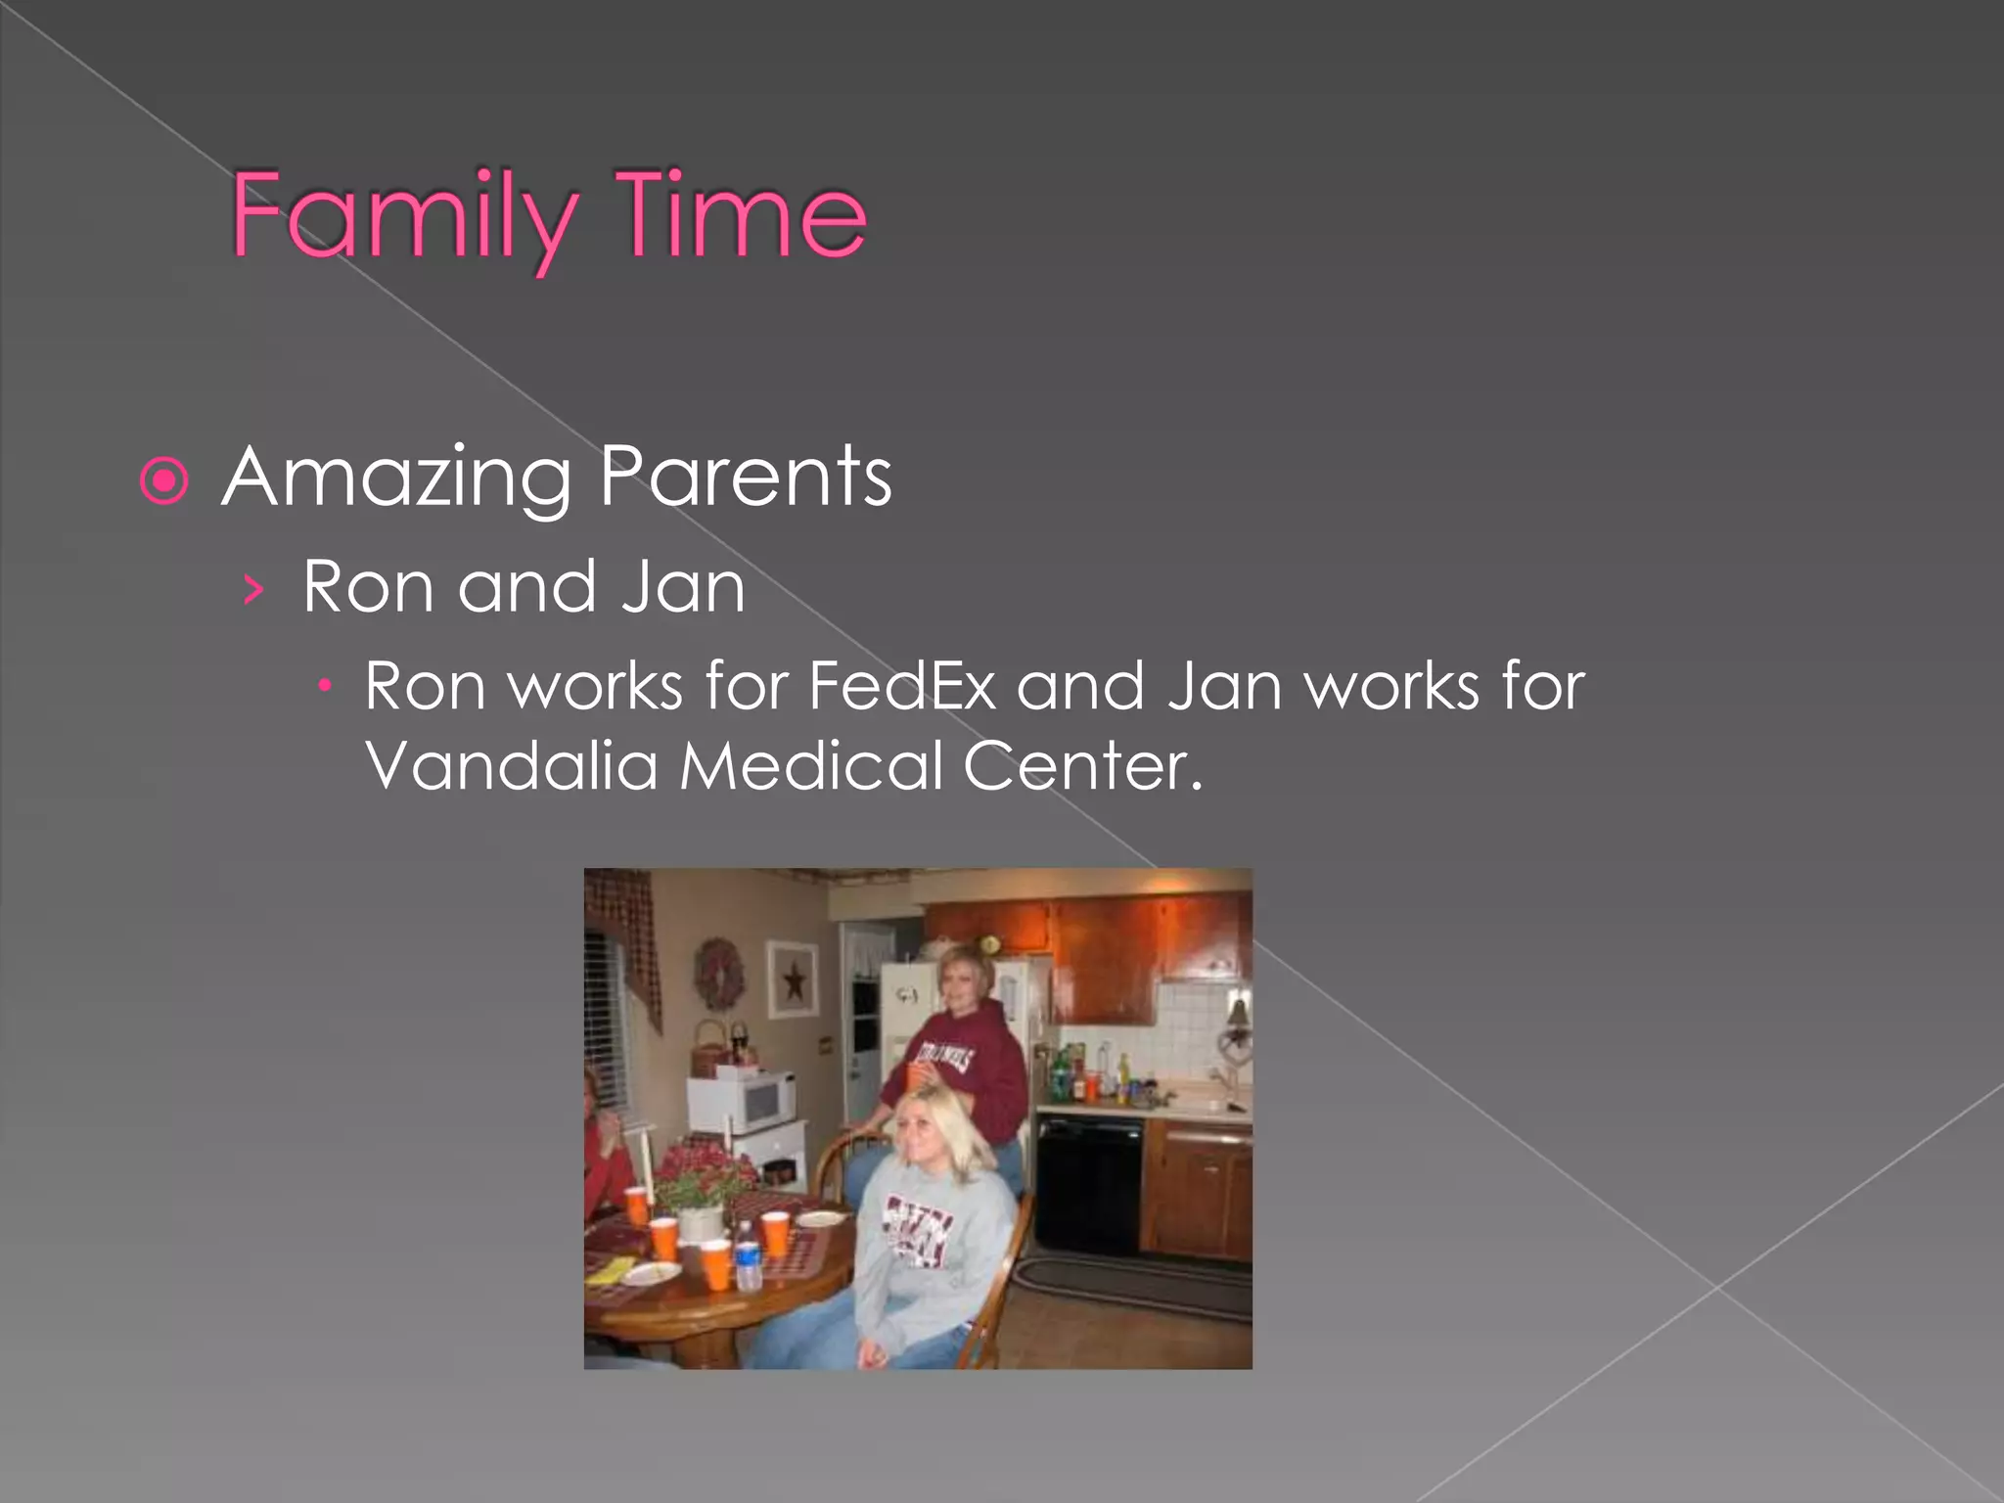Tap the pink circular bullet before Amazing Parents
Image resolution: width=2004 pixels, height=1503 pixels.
[163, 480]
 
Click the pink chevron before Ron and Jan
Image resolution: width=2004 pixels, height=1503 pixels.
[253, 590]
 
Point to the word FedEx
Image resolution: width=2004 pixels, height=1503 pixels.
[902, 686]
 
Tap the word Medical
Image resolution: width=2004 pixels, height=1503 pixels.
[811, 765]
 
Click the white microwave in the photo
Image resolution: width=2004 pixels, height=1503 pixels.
[742, 1101]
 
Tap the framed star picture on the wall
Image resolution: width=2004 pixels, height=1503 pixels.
[793, 979]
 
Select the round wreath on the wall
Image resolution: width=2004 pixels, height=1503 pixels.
[719, 974]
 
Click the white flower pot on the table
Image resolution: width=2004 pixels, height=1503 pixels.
[701, 1223]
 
